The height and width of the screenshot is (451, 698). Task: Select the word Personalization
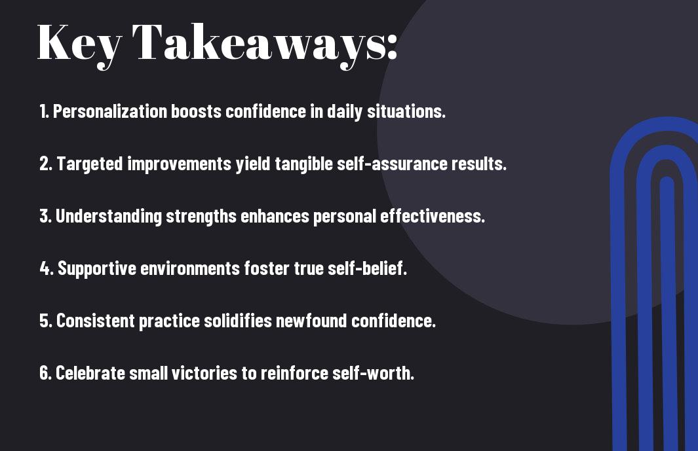(x=110, y=111)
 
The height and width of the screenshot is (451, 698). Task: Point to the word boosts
(x=197, y=111)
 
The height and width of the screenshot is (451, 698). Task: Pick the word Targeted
(x=90, y=164)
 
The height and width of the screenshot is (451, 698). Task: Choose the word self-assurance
(x=392, y=164)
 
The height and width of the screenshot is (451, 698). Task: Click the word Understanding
(x=109, y=217)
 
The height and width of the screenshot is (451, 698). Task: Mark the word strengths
(x=201, y=217)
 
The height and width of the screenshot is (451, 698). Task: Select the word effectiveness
(x=433, y=216)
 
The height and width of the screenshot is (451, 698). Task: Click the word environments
(x=190, y=268)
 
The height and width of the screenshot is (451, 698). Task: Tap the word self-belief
(x=367, y=268)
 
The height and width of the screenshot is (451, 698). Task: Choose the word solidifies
(x=238, y=321)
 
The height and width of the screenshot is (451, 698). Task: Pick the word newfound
(x=311, y=321)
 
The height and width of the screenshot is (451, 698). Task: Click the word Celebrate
(x=90, y=373)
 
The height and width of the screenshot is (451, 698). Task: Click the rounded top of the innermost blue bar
(x=667, y=180)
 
